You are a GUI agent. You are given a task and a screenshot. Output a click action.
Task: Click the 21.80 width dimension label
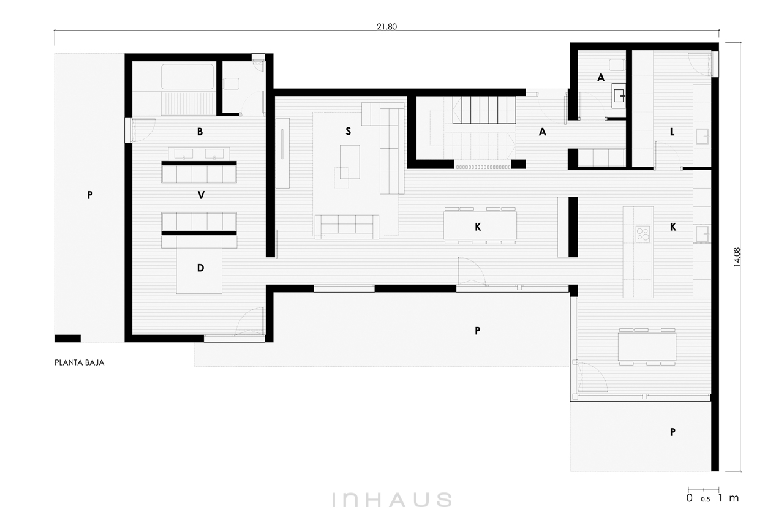tap(386, 26)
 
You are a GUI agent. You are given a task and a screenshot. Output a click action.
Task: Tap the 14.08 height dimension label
tap(737, 257)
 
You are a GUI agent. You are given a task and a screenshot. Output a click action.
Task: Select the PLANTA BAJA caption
tap(80, 362)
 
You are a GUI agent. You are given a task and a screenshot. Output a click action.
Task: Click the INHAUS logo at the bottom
tap(391, 500)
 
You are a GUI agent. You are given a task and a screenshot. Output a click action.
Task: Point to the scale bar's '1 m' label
tap(728, 498)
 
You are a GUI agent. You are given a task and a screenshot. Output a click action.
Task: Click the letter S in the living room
tap(348, 131)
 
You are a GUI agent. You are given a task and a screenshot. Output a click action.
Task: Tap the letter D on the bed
tap(200, 268)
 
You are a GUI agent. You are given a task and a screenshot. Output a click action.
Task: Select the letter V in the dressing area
tap(201, 195)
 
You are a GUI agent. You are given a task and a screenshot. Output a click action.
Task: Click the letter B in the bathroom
tap(200, 132)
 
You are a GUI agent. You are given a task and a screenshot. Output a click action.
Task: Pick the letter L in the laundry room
tap(672, 132)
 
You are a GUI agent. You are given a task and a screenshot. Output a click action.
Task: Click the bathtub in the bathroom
tap(187, 77)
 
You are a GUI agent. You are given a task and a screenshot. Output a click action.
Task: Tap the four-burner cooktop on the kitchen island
tap(643, 234)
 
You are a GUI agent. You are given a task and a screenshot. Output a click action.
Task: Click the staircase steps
tap(484, 110)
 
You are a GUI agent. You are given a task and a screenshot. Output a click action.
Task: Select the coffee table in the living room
tap(350, 162)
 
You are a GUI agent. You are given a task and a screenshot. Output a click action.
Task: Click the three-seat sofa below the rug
tap(347, 227)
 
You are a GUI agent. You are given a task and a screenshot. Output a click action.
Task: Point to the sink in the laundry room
tap(702, 136)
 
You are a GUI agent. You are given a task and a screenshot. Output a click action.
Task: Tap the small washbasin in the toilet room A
tap(619, 96)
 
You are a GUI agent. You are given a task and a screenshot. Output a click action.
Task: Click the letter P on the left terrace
tap(90, 195)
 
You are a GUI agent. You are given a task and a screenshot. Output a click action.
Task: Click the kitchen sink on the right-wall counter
tap(702, 234)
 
